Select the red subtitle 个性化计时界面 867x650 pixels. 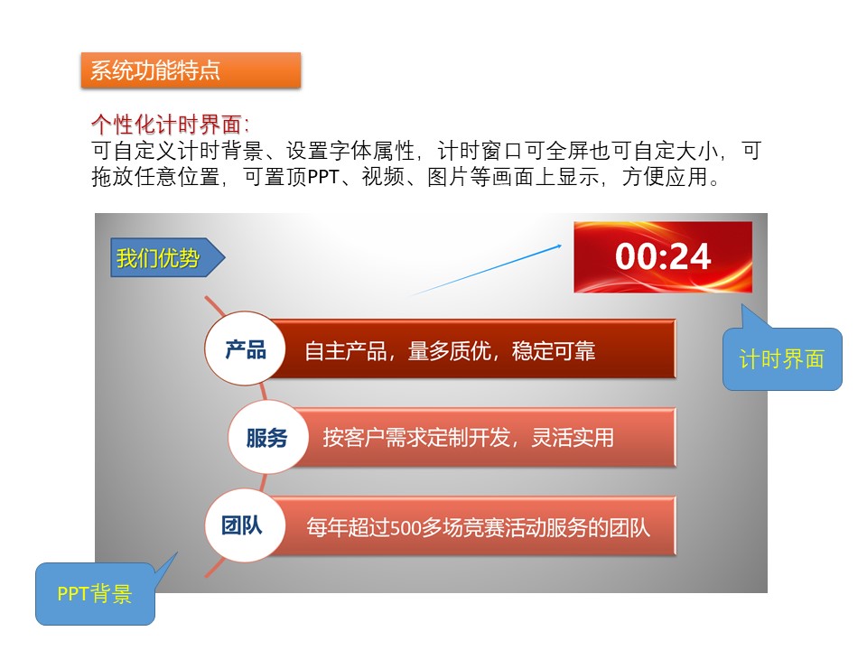[166, 125]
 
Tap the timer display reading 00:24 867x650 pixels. [663, 257]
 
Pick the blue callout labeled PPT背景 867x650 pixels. [95, 594]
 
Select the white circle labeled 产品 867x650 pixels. [245, 349]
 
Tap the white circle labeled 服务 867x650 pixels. [267, 437]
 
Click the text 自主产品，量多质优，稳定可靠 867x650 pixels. [450, 351]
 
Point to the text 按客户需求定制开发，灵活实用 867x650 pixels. [469, 438]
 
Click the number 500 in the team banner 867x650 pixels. [406, 528]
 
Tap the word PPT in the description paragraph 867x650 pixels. [323, 177]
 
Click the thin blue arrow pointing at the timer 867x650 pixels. [486, 270]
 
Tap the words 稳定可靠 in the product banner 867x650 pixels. [554, 351]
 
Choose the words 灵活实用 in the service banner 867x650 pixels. [573, 438]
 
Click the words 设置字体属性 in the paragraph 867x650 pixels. [350, 151]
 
